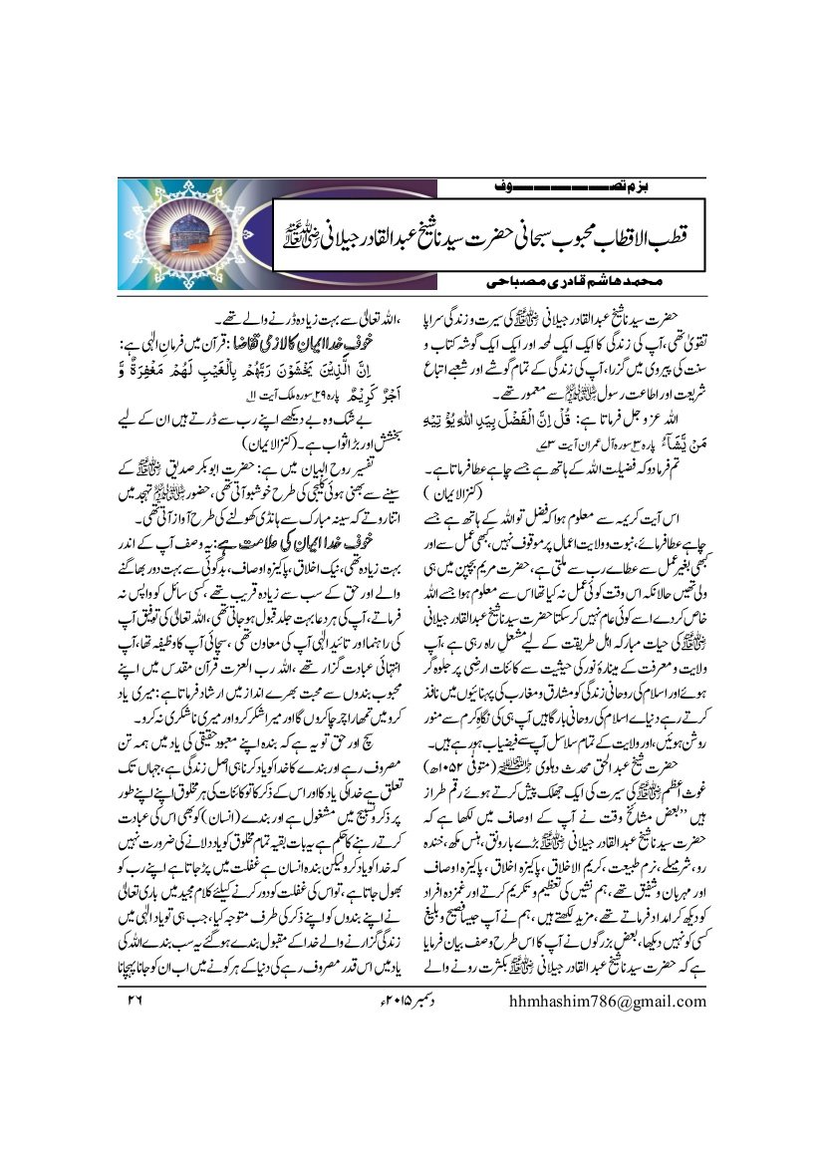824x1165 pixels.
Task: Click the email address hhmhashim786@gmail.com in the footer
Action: pyautogui.click(x=594, y=1001)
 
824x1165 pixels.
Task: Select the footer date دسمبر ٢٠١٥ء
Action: pyautogui.click(x=338, y=1001)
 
